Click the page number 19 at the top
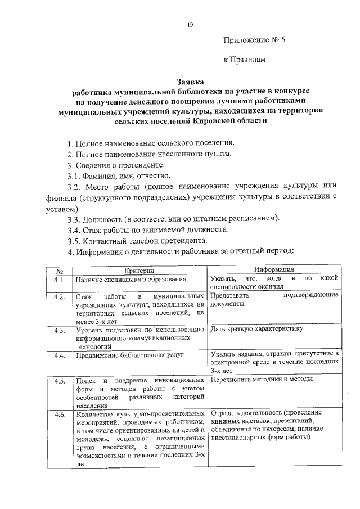(x=190, y=24)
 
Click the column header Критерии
(x=138, y=271)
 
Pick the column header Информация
(x=274, y=270)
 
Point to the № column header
(x=58, y=271)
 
